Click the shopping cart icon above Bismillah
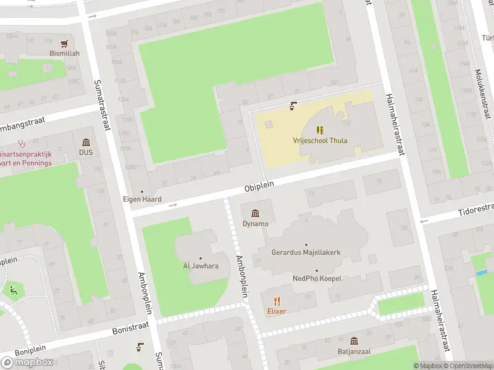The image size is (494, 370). [x=64, y=43]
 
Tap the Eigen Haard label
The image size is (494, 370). [x=141, y=199]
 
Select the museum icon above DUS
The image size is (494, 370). [x=85, y=142]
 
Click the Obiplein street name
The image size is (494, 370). [x=259, y=184]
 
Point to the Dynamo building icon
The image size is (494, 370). [x=255, y=213]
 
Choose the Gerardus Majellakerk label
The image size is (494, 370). [x=306, y=252]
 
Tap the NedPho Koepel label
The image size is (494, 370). [x=317, y=279]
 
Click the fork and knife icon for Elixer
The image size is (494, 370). [x=277, y=301]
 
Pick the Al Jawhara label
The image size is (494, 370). [x=200, y=266]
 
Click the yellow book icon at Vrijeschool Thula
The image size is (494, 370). [x=320, y=130]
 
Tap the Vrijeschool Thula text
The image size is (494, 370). [x=320, y=141]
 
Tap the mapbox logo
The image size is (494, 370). [x=27, y=361]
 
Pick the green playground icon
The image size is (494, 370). [x=12, y=290]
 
